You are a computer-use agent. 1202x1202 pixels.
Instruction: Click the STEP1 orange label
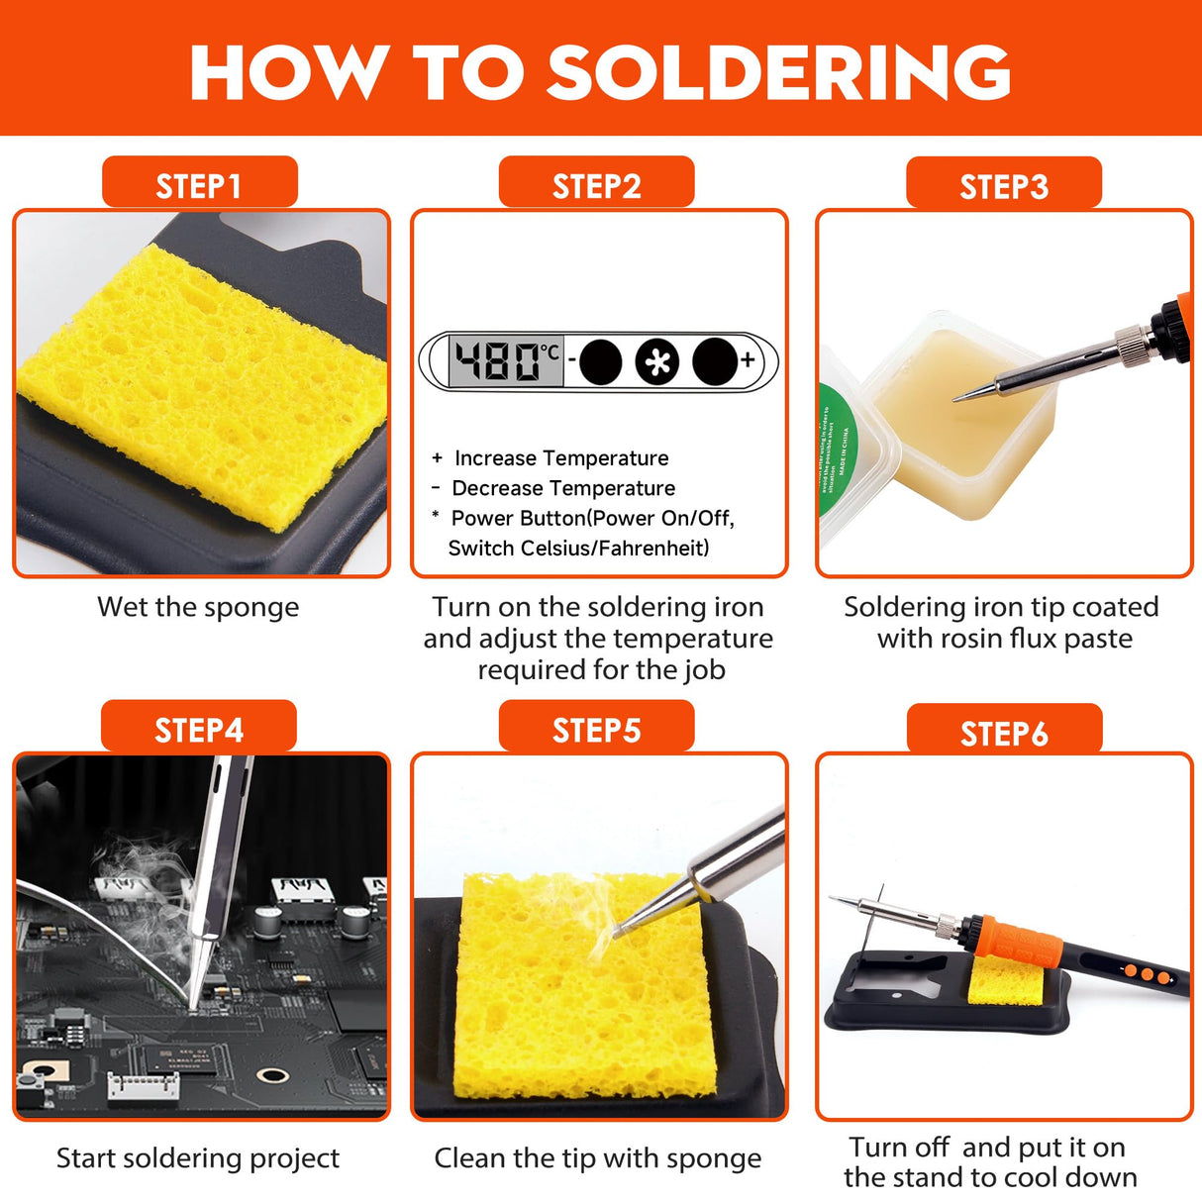(x=199, y=184)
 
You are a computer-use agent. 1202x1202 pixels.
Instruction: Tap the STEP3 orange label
(x=1003, y=185)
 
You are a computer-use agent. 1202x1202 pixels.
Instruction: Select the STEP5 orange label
(x=596, y=729)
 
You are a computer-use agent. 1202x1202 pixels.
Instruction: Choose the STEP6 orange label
(x=1003, y=733)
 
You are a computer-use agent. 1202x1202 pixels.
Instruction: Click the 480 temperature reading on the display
(x=497, y=361)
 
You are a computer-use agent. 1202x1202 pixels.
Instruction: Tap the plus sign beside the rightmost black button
(x=748, y=359)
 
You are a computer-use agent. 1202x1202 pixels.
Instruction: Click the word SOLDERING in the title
(x=778, y=71)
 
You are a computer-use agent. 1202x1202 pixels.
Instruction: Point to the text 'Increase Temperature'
(x=561, y=458)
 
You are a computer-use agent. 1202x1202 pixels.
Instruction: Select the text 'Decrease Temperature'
(x=563, y=488)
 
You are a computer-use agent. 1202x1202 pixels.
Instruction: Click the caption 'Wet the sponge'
(x=198, y=607)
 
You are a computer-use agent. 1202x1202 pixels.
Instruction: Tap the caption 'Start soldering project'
(x=198, y=1157)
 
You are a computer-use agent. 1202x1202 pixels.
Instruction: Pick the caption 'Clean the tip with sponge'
(x=598, y=1157)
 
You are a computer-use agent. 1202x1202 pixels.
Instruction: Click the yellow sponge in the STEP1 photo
(x=203, y=386)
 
